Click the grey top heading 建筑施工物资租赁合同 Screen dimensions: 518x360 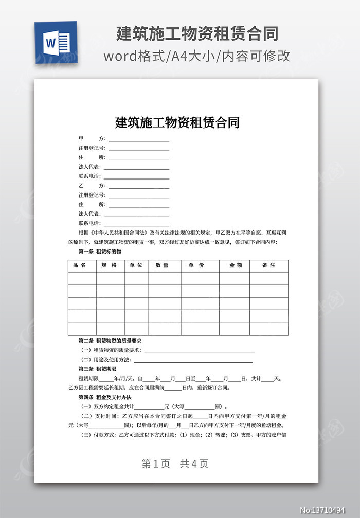point(197,34)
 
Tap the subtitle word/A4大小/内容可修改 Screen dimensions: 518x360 point(196,56)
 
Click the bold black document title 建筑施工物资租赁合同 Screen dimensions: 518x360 point(177,122)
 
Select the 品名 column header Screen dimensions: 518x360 point(80,265)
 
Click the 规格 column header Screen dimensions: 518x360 point(109,265)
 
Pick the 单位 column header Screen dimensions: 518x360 point(136,265)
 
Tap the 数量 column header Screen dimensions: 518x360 point(163,265)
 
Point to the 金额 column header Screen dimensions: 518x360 point(235,265)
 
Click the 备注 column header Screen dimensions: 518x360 point(268,265)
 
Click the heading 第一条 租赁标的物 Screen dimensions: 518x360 point(100,252)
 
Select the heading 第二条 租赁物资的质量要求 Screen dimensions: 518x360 point(110,341)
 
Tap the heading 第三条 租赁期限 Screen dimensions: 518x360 point(97,369)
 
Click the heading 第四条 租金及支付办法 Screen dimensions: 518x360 point(105,398)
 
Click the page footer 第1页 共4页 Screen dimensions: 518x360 point(175,463)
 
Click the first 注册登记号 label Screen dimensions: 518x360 point(92,148)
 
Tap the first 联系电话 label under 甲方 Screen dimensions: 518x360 point(89,176)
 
